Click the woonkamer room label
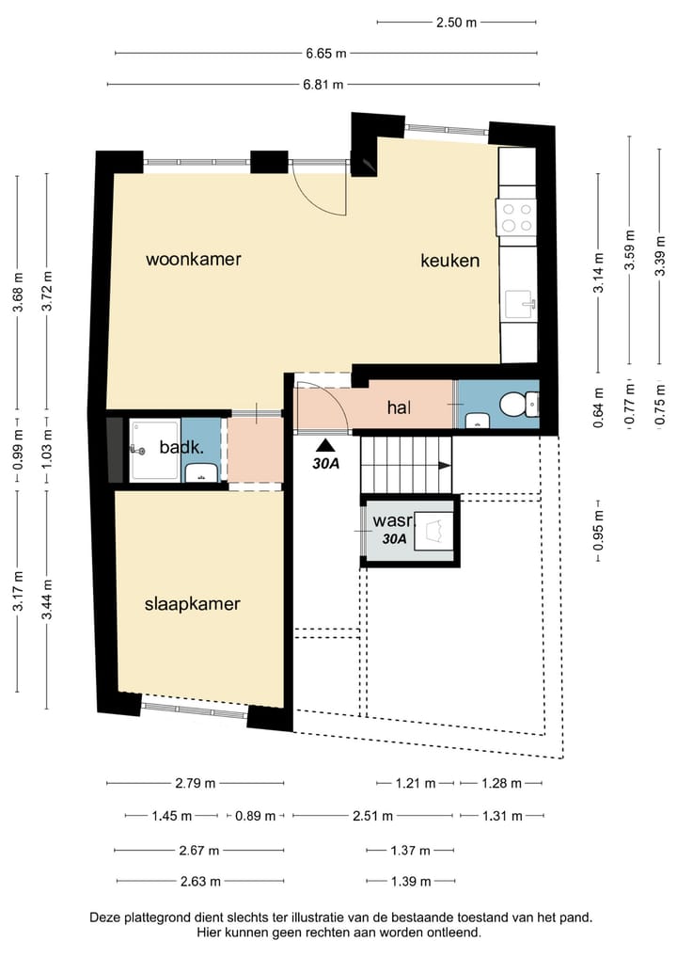click(x=194, y=259)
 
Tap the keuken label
click(x=450, y=261)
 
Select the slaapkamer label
click(x=192, y=604)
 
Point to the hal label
click(x=399, y=407)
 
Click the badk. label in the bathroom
click(x=181, y=447)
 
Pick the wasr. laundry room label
click(x=394, y=520)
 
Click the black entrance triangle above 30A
click(x=326, y=445)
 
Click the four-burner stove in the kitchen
click(x=516, y=218)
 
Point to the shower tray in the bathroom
click(x=154, y=451)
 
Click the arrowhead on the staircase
click(x=445, y=466)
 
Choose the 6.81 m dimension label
click(x=323, y=85)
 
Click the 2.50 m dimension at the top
click(x=456, y=23)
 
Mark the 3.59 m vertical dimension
click(x=630, y=249)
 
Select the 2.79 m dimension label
click(x=196, y=783)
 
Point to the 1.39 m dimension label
click(x=411, y=882)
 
